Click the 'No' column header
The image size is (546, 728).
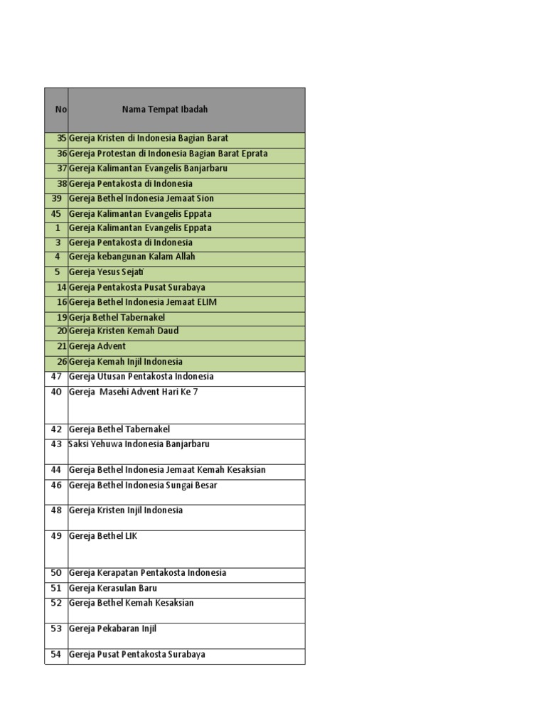60,109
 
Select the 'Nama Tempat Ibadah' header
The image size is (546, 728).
165,109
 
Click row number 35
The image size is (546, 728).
60,138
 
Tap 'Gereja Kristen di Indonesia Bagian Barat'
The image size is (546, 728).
149,138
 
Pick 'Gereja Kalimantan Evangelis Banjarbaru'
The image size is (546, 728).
148,168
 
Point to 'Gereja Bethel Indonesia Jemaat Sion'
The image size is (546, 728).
141,198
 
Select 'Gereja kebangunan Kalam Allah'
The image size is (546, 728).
132,257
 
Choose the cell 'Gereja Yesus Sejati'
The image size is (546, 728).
105,272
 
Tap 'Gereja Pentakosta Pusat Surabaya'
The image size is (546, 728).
137,287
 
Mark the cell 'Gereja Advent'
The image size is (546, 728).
97,346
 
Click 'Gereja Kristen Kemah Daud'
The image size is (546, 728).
124,331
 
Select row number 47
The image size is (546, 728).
57,376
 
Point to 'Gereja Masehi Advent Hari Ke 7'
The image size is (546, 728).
134,392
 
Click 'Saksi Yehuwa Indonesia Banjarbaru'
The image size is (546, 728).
139,444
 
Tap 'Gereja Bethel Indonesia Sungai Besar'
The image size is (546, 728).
143,486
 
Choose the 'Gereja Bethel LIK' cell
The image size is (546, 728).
103,536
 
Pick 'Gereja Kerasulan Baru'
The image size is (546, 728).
113,589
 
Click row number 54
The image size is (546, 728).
57,655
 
